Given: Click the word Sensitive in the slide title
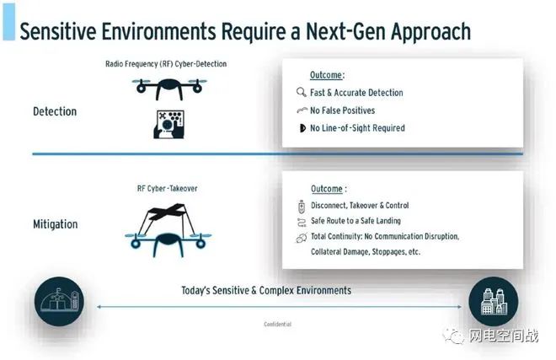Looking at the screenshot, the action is click(x=58, y=31).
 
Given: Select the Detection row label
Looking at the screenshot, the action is click(x=55, y=111).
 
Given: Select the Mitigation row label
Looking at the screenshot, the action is click(x=56, y=224).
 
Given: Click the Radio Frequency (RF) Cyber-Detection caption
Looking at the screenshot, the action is click(x=166, y=64).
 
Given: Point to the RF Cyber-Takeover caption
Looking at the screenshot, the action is click(x=167, y=189).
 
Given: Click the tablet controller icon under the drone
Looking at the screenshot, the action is click(x=168, y=124).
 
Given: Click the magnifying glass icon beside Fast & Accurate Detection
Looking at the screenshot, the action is click(x=302, y=92).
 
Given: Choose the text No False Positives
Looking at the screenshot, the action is click(x=342, y=110).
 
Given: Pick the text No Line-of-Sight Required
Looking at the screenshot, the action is click(x=357, y=128).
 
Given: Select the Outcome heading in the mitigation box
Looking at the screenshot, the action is click(x=329, y=189).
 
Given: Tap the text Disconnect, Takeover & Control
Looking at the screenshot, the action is click(x=360, y=205).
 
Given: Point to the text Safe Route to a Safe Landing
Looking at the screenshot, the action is click(x=356, y=221).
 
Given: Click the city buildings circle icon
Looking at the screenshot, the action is click(x=493, y=302).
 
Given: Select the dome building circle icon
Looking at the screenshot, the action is click(x=59, y=302).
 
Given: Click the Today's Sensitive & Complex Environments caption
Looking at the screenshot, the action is click(x=266, y=290).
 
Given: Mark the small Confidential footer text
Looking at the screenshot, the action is click(x=278, y=324).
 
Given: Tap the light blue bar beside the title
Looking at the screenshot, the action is click(x=9, y=22).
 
